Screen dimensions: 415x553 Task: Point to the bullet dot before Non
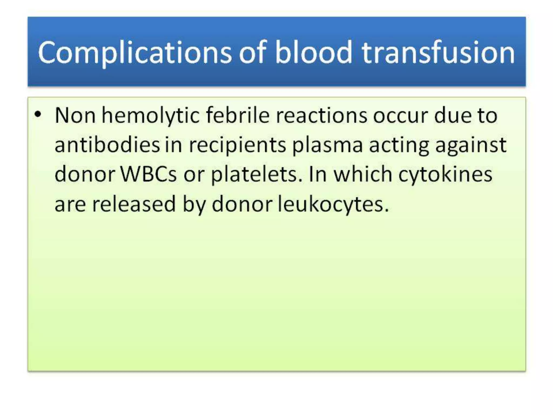pos(38,114)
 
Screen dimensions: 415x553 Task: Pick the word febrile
pos(238,115)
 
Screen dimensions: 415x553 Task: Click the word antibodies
pos(107,145)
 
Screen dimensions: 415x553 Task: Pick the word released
pos(134,204)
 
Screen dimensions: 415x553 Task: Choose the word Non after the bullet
pos(75,116)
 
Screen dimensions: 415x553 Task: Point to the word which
pos(363,174)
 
